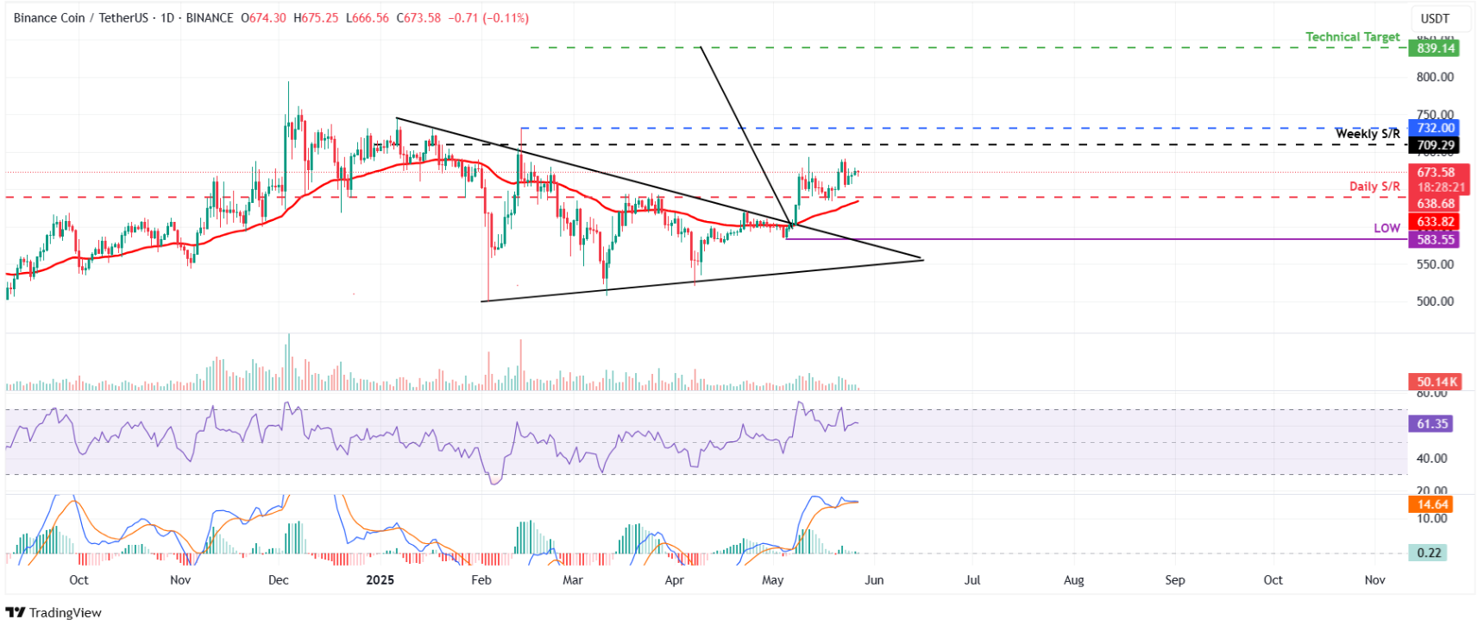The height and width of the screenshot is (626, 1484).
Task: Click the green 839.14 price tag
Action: pyautogui.click(x=1435, y=48)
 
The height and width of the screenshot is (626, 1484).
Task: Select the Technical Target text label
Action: pyautogui.click(x=1352, y=37)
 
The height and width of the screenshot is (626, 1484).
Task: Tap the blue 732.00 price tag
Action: pyautogui.click(x=1435, y=128)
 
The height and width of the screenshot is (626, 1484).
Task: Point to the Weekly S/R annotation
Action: pyautogui.click(x=1368, y=134)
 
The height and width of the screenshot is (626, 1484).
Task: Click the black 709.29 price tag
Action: pyautogui.click(x=1435, y=146)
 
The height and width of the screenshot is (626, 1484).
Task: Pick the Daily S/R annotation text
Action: pyautogui.click(x=1374, y=187)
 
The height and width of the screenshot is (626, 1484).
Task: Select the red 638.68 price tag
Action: pyautogui.click(x=1435, y=204)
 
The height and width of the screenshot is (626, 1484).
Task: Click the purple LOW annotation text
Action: pyautogui.click(x=1387, y=228)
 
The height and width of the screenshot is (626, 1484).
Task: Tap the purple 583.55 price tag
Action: pyautogui.click(x=1435, y=240)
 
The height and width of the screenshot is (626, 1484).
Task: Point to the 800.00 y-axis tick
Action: pyautogui.click(x=1435, y=77)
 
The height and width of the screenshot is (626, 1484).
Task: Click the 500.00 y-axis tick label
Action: pyautogui.click(x=1435, y=301)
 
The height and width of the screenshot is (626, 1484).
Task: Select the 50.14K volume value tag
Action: pyautogui.click(x=1435, y=382)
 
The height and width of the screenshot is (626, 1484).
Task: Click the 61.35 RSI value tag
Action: pyautogui.click(x=1432, y=424)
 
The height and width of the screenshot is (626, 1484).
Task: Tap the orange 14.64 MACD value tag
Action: pyautogui.click(x=1432, y=504)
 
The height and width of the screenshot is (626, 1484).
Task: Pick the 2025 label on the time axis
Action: pyautogui.click(x=380, y=580)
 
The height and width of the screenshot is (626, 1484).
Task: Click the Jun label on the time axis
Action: pyautogui.click(x=874, y=580)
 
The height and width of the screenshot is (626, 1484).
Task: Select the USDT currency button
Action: pyautogui.click(x=1435, y=18)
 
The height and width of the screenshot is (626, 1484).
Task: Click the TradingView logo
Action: pyautogui.click(x=54, y=612)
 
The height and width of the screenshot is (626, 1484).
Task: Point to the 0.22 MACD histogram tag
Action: pyautogui.click(x=1429, y=553)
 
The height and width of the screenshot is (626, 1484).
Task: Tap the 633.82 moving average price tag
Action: pyautogui.click(x=1435, y=222)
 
